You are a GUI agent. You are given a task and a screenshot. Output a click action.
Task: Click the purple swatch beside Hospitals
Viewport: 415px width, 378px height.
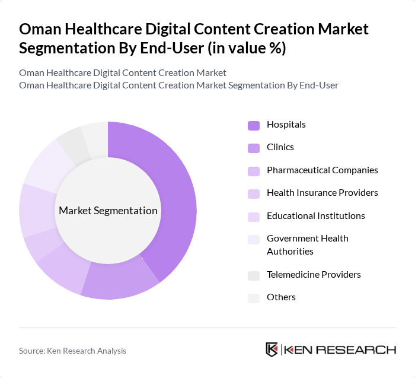coord(254,125)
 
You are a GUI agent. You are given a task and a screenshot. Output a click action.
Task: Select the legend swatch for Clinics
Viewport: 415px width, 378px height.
coord(254,147)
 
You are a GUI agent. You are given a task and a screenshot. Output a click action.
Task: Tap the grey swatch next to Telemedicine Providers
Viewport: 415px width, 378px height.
coord(254,275)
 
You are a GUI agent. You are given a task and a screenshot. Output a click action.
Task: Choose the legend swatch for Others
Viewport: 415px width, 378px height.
coord(254,297)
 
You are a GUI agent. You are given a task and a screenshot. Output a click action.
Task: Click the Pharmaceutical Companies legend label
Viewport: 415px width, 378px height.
coord(322,170)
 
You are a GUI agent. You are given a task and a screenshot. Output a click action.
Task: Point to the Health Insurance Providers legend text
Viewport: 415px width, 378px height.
coord(322,193)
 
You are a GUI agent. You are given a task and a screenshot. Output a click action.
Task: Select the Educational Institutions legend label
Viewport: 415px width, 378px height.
coord(315,215)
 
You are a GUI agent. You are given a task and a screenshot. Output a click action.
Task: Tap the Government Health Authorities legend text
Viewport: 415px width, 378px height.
coord(307,244)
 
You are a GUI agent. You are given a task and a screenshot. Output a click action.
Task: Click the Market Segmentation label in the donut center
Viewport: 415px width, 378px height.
coord(108,211)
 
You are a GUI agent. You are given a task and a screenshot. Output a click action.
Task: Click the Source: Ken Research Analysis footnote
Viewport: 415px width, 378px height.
coord(72,351)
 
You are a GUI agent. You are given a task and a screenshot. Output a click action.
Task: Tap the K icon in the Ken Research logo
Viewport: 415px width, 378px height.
coord(272,350)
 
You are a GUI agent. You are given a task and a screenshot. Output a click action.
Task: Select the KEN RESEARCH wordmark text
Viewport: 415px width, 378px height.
coord(340,350)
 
